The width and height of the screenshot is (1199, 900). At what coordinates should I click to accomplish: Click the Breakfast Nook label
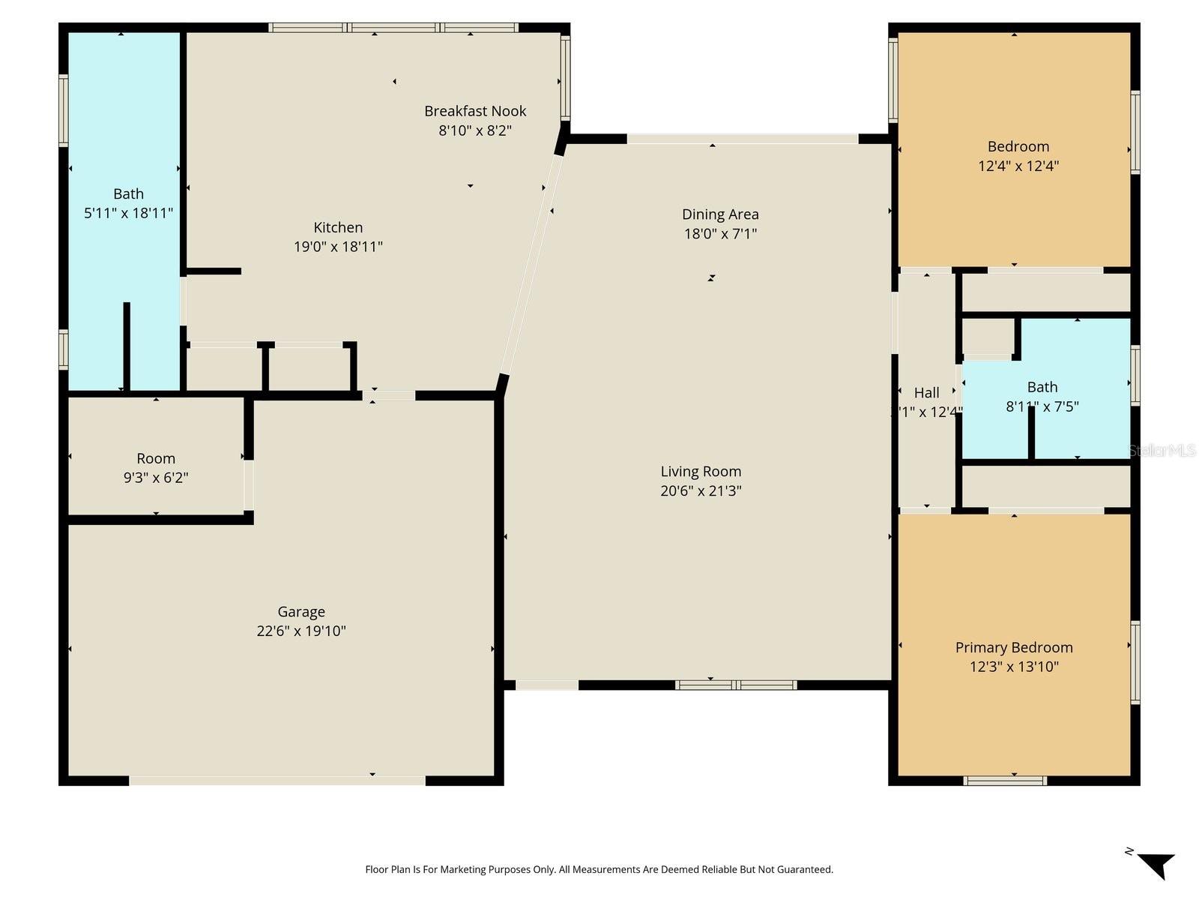pos(474,112)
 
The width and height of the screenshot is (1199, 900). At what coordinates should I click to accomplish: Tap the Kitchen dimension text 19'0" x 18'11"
pos(338,247)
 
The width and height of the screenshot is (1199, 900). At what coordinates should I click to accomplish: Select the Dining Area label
pos(720,214)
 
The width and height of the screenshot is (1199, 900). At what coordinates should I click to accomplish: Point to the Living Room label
pos(701,472)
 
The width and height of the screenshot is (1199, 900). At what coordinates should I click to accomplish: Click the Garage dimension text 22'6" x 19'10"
pos(301,631)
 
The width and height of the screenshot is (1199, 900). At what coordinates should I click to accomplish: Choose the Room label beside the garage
pos(156,458)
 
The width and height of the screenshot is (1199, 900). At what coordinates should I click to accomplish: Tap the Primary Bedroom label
pos(1014,648)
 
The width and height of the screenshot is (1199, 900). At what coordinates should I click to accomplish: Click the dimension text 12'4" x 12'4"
pos(1018,166)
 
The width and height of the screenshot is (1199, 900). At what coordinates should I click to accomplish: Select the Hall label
pos(926,393)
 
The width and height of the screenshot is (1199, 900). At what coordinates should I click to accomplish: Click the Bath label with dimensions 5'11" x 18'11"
pos(128,194)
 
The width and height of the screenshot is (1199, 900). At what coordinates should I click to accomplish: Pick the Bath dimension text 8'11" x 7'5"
pos(1042,406)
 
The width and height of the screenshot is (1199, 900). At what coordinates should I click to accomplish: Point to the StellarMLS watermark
pos(1162,451)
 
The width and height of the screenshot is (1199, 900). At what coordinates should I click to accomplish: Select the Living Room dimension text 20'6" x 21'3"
pos(701,491)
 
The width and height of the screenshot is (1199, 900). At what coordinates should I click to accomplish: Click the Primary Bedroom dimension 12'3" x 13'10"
pos(1015,667)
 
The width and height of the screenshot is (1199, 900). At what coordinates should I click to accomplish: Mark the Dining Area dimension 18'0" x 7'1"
pos(720,234)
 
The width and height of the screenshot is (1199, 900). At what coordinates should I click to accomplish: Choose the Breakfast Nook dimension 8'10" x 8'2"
pos(474,130)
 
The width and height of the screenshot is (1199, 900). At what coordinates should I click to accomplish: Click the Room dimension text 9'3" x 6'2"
pos(156,478)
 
